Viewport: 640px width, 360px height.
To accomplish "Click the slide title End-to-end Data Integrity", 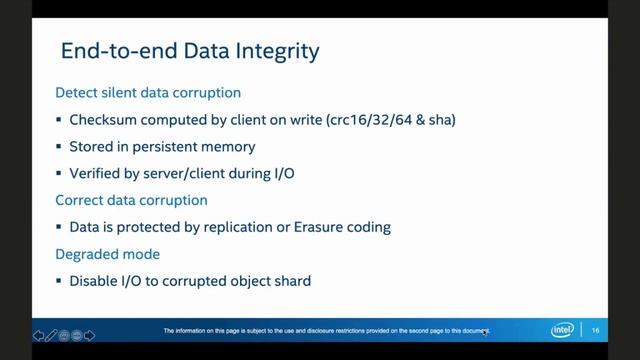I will tap(190, 50).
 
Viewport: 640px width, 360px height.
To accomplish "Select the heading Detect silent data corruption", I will tap(147, 93).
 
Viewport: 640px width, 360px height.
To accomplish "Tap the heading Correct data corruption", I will tap(131, 200).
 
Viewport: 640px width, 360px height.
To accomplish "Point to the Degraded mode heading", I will tap(107, 254).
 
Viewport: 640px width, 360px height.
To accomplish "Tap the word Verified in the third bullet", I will tap(98, 173).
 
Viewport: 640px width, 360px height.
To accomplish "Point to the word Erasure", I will tap(320, 227).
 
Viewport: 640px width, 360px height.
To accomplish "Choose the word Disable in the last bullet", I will tap(95, 281).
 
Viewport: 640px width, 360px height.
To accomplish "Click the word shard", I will tap(291, 281).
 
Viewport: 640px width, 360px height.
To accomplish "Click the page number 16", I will tap(596, 331).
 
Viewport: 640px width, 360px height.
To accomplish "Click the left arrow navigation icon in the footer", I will tap(38, 335).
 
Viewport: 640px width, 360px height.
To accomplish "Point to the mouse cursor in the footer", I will tap(485, 333).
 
